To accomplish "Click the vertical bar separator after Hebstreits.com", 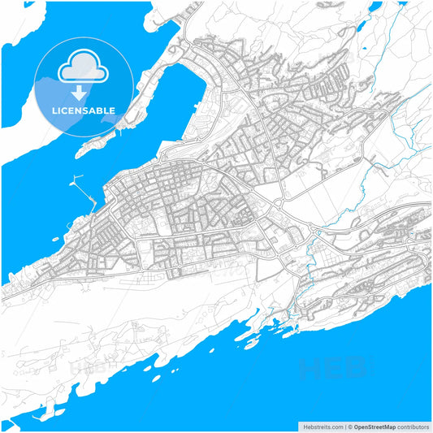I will tap(345, 427).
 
